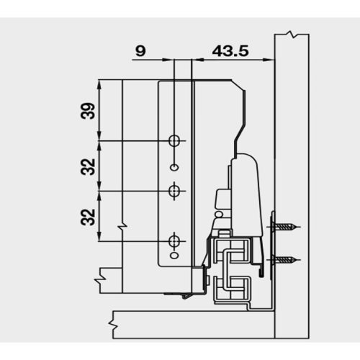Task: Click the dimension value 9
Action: (x=140, y=51)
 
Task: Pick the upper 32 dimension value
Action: (x=88, y=166)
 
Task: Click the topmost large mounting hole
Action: (x=174, y=140)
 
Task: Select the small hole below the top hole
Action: (x=174, y=167)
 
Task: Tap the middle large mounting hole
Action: (x=174, y=191)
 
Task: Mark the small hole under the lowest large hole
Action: (x=174, y=256)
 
